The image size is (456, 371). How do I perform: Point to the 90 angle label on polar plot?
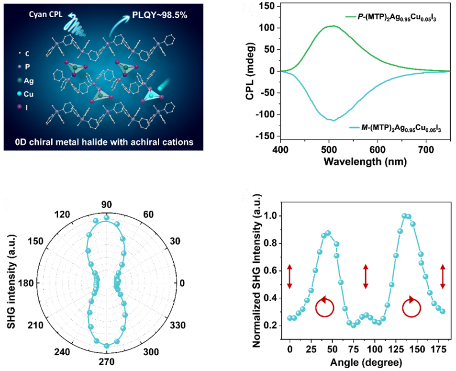[107, 204]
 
